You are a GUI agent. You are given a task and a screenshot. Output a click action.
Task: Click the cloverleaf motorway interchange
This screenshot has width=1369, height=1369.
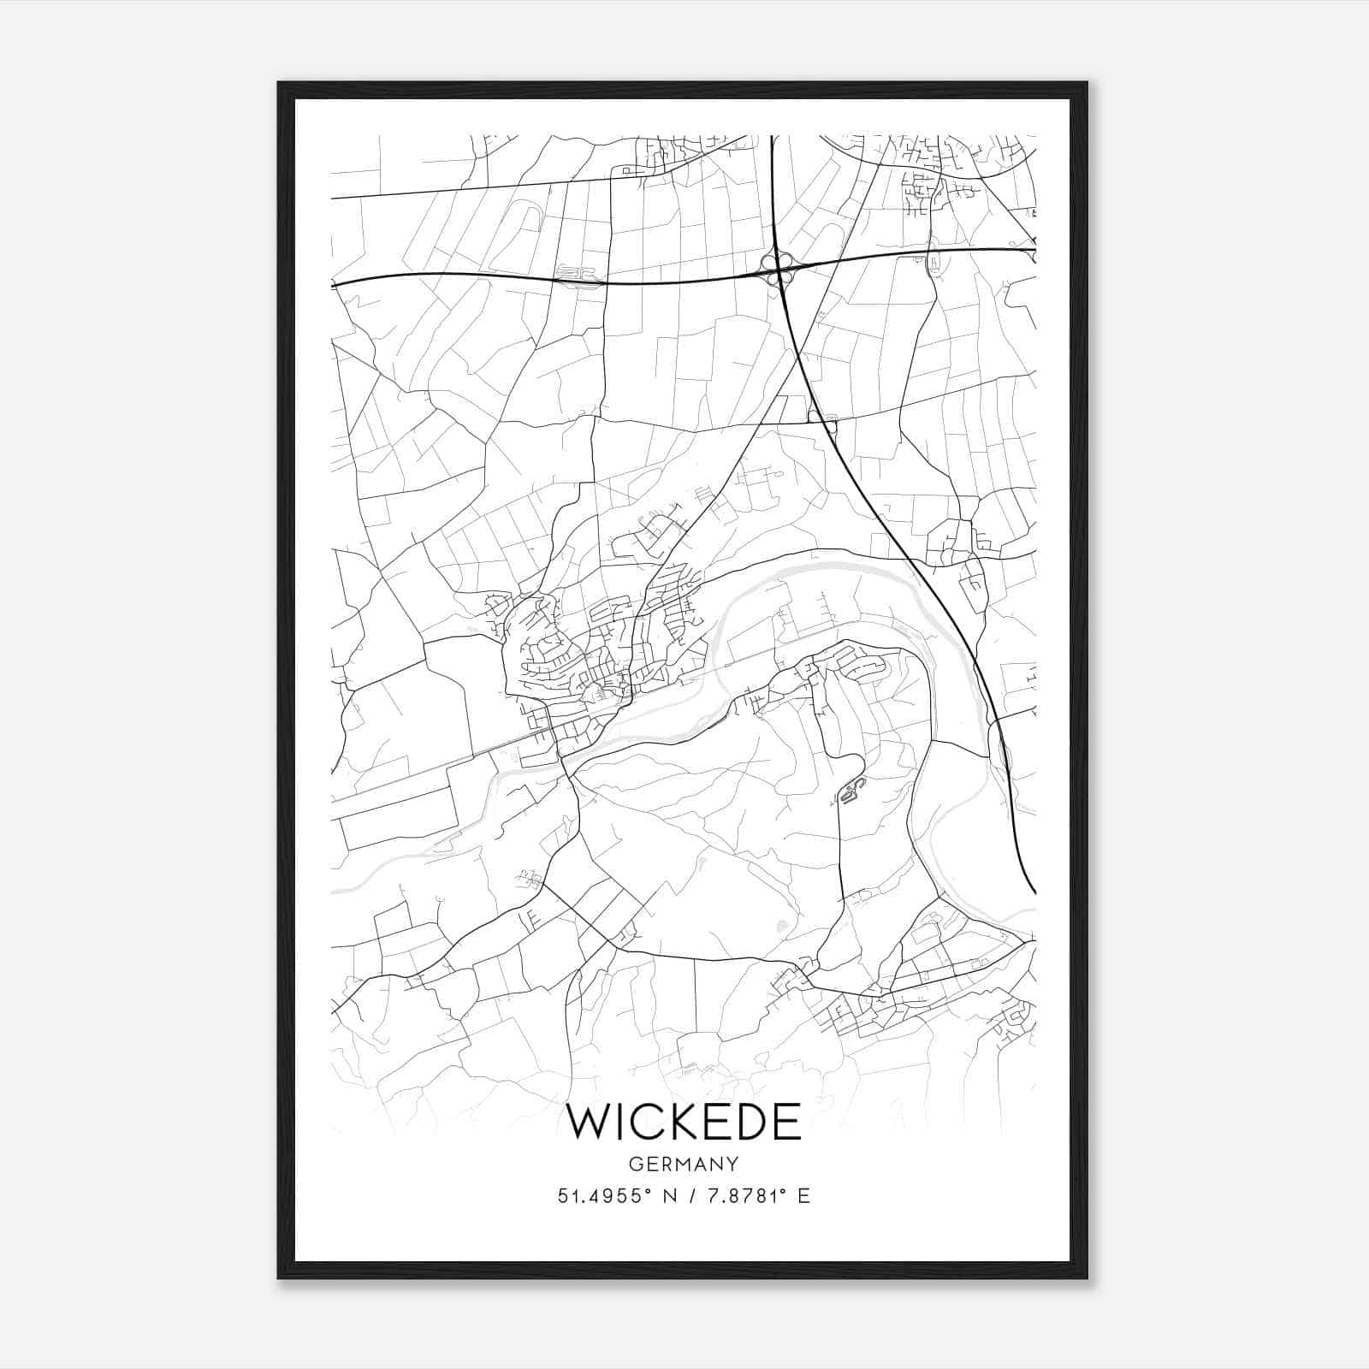click(x=779, y=270)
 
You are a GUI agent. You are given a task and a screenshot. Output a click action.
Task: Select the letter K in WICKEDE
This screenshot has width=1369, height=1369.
click(x=682, y=1123)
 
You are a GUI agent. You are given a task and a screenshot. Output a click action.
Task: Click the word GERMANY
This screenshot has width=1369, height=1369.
click(x=684, y=1164)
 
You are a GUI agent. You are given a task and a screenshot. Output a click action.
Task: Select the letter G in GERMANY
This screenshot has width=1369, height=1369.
click(x=634, y=1164)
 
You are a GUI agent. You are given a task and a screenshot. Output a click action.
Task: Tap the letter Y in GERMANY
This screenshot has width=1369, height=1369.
click(x=733, y=1164)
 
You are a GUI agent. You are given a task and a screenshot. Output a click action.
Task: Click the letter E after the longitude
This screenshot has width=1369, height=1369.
click(x=803, y=1196)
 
